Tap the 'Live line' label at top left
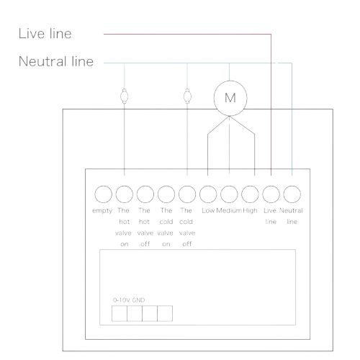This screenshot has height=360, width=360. point(45,33)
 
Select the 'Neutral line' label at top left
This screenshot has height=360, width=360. point(56,61)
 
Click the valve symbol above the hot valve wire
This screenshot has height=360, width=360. point(124,96)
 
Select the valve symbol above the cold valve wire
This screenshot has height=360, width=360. point(187,96)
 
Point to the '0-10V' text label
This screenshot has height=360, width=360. point(122,300)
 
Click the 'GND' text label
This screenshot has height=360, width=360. point(138,300)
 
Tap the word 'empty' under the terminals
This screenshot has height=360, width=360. point(102,211)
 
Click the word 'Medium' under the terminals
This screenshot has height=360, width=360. point(229,210)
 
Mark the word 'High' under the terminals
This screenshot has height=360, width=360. point(250,211)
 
